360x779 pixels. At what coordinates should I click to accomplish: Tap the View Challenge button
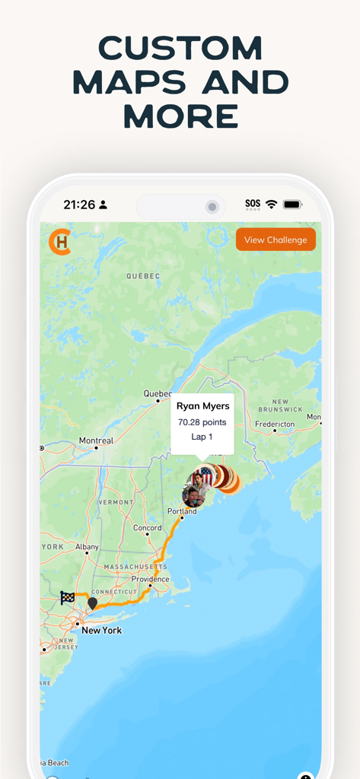click(276, 240)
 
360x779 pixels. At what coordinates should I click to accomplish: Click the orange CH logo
click(59, 241)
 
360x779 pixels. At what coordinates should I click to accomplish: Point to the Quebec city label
click(158, 393)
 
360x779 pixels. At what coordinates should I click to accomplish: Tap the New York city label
click(101, 631)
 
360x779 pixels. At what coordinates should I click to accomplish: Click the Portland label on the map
click(182, 511)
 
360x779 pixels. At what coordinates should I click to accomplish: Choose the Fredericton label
click(275, 424)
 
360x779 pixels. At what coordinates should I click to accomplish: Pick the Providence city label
click(150, 579)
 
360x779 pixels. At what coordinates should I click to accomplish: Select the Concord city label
click(148, 528)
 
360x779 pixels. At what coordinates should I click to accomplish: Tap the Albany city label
click(87, 547)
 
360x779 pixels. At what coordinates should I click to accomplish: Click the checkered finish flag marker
click(68, 598)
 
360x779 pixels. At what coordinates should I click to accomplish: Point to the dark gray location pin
click(92, 603)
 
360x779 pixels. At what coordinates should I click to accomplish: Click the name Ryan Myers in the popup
click(202, 406)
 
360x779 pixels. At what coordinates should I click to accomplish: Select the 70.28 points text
click(202, 422)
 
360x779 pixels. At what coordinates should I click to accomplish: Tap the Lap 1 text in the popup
click(202, 437)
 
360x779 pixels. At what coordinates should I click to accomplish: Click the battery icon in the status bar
click(292, 205)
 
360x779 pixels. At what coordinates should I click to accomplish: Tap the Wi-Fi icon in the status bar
click(271, 205)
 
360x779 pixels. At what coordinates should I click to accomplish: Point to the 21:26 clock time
click(79, 205)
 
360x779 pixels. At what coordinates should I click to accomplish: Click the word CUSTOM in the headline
click(180, 49)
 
